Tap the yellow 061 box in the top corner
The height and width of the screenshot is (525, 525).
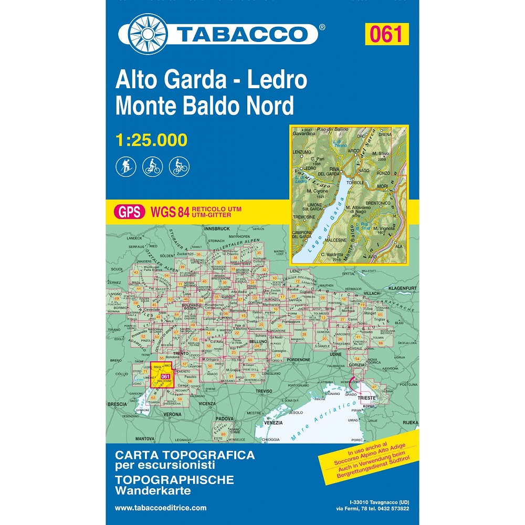coord(385,34)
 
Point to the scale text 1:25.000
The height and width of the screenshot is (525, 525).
coord(151,140)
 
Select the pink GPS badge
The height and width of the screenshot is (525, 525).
coord(129,212)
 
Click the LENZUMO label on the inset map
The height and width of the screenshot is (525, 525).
coord(302,152)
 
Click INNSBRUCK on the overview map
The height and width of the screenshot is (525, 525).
coord(217,229)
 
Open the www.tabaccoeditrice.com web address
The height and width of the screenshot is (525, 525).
coord(160,508)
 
